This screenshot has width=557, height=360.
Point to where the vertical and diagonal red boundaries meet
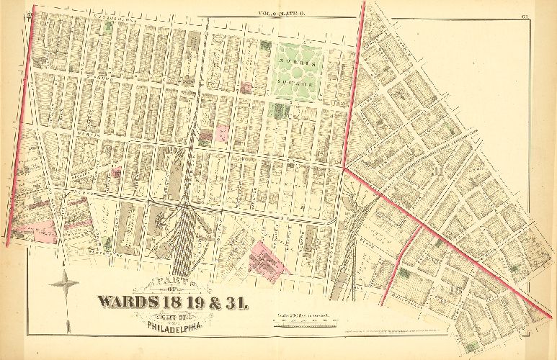click(x=344, y=168)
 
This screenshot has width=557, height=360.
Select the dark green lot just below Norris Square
click(x=277, y=109)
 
